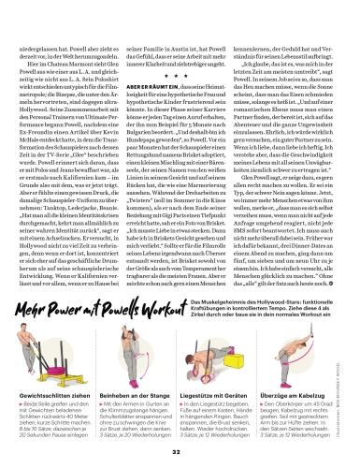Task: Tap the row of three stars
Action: tap(180, 80)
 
